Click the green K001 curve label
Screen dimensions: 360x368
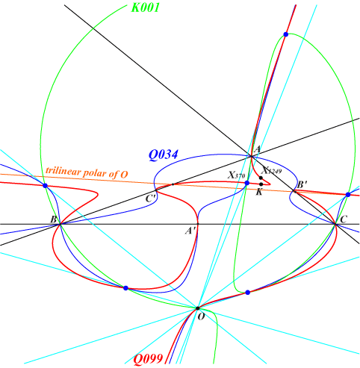[x=146, y=7]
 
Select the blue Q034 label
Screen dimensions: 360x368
[x=164, y=155]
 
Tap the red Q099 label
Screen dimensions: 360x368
[x=149, y=359]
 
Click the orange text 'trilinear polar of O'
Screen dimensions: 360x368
[x=87, y=172]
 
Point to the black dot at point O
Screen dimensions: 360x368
[x=198, y=308]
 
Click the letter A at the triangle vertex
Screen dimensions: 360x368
[x=257, y=149]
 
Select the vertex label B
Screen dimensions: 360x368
[x=54, y=219]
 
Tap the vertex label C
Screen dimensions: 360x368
[x=344, y=219]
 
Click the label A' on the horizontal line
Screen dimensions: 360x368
[x=191, y=231]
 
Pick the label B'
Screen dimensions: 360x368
[x=302, y=185]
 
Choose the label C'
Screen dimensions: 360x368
[x=151, y=199]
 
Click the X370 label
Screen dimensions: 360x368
[x=236, y=175]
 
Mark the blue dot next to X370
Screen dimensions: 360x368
[x=247, y=183]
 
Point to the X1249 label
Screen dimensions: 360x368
[x=271, y=170]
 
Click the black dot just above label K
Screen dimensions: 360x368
[x=261, y=184]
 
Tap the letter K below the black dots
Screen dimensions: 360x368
[x=259, y=192]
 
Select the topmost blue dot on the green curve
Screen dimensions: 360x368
[x=286, y=34]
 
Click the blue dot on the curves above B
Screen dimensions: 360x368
[x=45, y=186]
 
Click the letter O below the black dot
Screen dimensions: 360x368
[x=201, y=316]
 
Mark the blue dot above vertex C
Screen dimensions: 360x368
[x=348, y=195]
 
